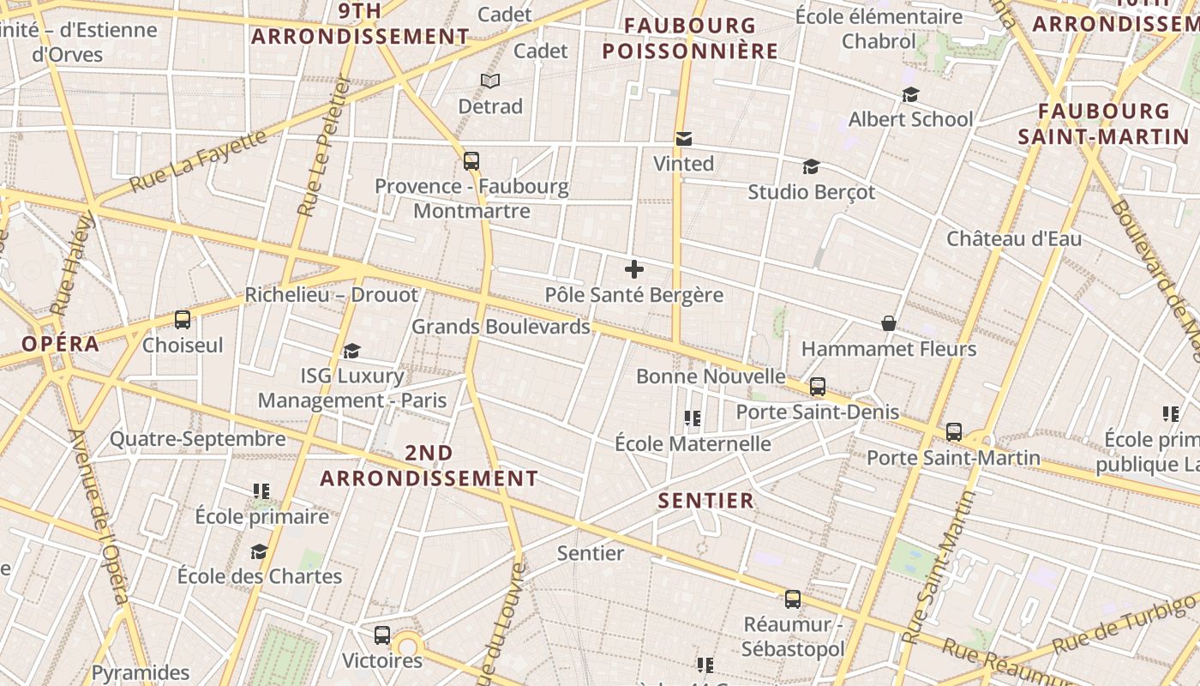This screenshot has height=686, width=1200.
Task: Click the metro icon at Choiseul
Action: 182,320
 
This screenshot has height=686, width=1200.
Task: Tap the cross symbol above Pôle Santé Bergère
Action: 634,269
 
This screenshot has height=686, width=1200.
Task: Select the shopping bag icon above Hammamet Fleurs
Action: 889,323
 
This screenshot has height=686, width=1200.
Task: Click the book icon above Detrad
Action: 490,81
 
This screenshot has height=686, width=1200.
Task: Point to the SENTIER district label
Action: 706,500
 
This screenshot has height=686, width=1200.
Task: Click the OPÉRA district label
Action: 60,344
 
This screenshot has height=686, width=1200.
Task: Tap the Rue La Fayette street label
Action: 198,159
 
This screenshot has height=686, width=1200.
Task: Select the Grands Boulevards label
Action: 501,327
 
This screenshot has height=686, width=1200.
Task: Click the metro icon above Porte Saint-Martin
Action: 954,432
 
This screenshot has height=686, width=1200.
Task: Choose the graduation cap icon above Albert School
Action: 910,94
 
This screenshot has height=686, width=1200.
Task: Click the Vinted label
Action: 683,163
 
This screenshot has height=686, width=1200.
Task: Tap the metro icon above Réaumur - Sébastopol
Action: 793,599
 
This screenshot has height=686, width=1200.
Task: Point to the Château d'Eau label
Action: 1014,238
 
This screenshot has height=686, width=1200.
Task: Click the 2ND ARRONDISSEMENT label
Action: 429,465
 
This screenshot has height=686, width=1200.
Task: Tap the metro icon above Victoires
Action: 382,635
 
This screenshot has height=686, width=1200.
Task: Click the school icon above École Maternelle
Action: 693,418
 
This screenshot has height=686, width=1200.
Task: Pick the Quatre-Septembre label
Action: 197,439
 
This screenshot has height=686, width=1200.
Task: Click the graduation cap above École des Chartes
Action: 259,551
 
